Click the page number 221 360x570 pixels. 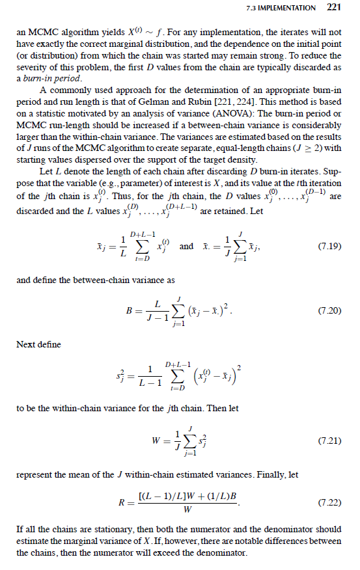click(333, 8)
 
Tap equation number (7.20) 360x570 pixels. click(329, 310)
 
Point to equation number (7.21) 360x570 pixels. click(329, 441)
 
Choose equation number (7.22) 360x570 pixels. click(329, 503)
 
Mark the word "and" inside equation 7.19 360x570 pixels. click(186, 247)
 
